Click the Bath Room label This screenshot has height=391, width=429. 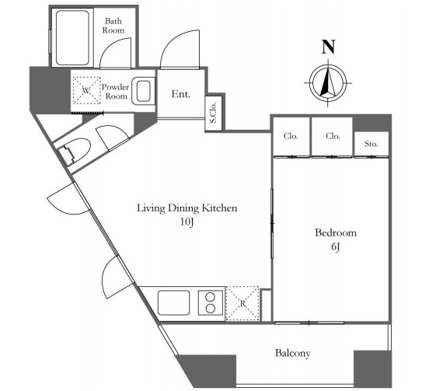tap(113, 26)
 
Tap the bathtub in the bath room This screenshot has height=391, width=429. tap(72, 38)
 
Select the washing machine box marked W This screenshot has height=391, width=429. tap(87, 90)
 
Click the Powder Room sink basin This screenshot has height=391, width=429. tap(143, 91)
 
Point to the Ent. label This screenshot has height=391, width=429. tap(180, 94)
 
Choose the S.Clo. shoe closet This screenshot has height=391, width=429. tap(214, 113)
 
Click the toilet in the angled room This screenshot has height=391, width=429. tap(74, 152)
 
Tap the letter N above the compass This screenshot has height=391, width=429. tap(328, 47)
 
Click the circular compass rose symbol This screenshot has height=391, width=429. tap(328, 82)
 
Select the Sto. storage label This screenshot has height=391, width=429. tap(371, 144)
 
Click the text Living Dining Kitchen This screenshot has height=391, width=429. tap(187, 208)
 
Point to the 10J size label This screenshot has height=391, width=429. tap(187, 222)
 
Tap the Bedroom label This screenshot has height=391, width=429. tap(336, 233)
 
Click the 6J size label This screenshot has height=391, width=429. tap(336, 246)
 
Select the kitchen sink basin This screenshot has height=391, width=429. tap(174, 303)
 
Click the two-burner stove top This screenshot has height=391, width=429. tap(211, 303)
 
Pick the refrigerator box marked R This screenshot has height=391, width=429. tap(242, 303)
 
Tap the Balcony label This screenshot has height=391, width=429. tap(292, 353)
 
